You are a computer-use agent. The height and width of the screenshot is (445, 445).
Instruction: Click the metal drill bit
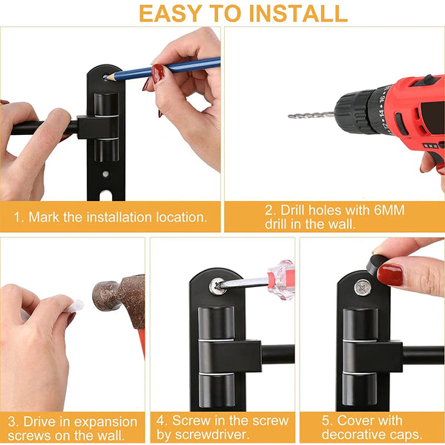311,115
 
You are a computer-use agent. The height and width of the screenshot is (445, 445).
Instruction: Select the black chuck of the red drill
354,110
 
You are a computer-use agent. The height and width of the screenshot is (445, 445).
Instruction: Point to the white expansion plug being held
73,306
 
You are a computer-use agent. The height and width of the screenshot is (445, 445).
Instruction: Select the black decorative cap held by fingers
377,261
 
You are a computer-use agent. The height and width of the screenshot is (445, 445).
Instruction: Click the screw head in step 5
361,286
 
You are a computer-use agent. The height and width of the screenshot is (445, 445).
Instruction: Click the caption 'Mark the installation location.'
111,217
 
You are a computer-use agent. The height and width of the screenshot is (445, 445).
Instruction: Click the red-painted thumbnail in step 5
390,274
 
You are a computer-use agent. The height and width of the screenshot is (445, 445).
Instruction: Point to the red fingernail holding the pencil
158,73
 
